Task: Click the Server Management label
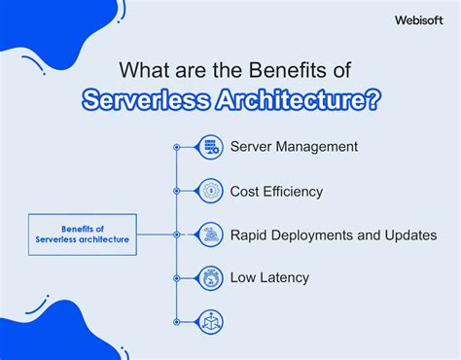click(294, 147)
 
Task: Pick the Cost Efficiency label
click(276, 191)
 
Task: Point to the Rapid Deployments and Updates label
click(334, 234)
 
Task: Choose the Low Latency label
click(269, 277)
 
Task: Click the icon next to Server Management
click(210, 147)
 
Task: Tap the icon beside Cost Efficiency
click(210, 191)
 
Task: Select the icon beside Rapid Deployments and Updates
click(210, 234)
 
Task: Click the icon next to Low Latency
click(210, 277)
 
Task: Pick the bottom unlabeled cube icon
click(210, 320)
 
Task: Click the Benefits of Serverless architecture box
click(82, 234)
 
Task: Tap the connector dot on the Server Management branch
click(176, 147)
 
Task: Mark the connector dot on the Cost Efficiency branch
click(176, 191)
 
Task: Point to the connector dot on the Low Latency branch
click(176, 277)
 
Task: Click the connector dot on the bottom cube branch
click(176, 320)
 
